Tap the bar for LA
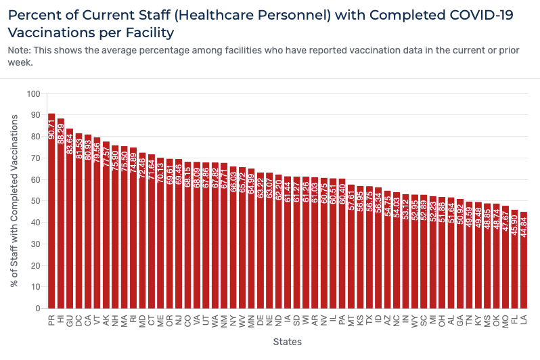[524, 264]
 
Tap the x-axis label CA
[88, 319]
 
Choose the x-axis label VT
[97, 319]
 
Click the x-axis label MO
[505, 320]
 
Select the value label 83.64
[70, 143]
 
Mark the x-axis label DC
[78, 319]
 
